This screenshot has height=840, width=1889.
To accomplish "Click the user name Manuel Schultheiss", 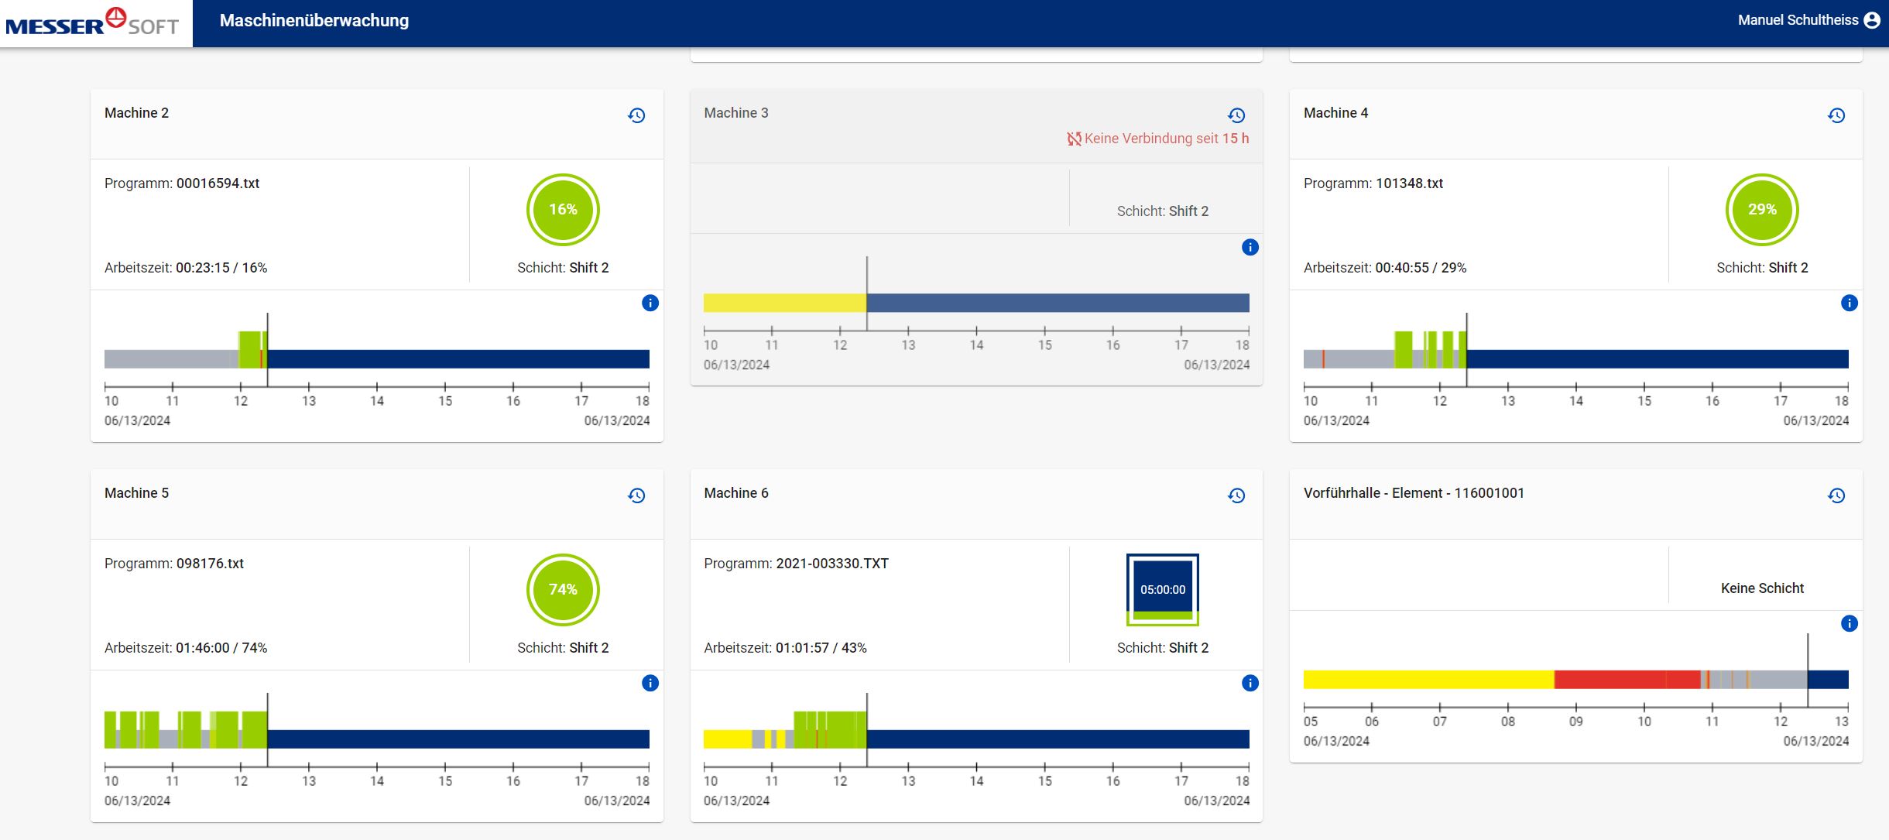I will tap(1797, 20).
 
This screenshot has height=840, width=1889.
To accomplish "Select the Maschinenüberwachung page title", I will tap(314, 21).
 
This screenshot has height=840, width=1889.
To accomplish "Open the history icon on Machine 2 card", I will tap(636, 115).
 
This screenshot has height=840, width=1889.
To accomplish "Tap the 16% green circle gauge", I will tap(563, 210).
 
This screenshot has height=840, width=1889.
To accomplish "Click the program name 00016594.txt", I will tap(218, 183).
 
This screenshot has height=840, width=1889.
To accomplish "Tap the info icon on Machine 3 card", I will tap(1250, 247).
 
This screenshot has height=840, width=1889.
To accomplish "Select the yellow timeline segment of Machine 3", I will tap(783, 303).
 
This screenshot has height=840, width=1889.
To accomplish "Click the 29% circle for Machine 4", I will tap(1761, 210).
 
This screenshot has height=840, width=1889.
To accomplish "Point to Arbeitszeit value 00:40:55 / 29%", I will tap(1421, 268).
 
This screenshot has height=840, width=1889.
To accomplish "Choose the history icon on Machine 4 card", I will tap(1836, 115).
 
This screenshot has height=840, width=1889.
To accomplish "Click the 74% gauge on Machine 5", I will tap(563, 590).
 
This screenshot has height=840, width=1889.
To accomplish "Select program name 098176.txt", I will tap(210, 564).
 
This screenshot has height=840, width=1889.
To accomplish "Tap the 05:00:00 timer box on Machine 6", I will tap(1162, 589).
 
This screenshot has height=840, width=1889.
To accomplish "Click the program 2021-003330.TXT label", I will tap(832, 564).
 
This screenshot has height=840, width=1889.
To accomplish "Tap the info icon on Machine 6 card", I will tap(1250, 683).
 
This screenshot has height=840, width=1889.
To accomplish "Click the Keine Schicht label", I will tap(1762, 588).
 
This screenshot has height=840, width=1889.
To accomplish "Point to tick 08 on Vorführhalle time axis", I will tap(1507, 721).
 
